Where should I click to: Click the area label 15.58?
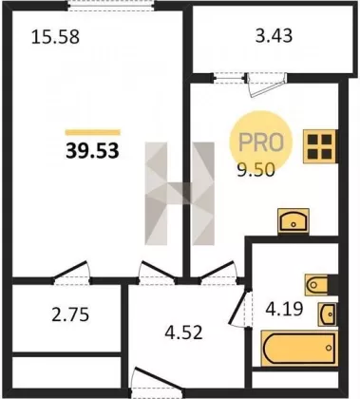coord(55,37)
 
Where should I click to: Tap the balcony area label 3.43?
coord(274,35)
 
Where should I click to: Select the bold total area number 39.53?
coord(92,151)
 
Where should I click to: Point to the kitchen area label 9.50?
coord(256,171)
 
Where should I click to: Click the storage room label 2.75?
coord(70,315)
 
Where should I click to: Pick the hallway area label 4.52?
coord(183,332)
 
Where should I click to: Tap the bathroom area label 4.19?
coord(284,309)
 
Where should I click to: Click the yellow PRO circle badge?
coord(261,142)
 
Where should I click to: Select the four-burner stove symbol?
coord(320,146)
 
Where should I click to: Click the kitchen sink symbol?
coord(294,221)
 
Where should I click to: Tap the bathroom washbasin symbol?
coord(328,313)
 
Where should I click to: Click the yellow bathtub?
coord(299,348)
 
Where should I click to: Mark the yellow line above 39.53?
coord(92,132)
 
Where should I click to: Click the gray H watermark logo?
coord(180,194)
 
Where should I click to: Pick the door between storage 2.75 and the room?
coord(71,273)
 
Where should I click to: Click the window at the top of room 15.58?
coord(111,6)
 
